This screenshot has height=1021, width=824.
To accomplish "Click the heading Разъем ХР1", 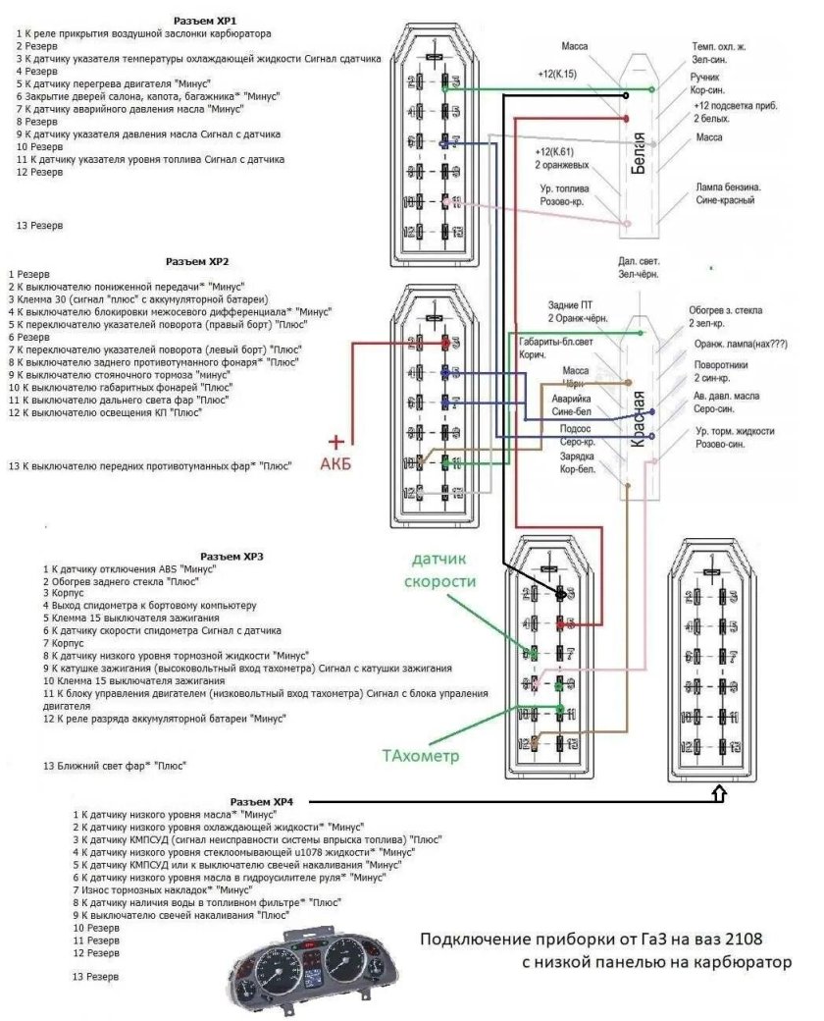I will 204,21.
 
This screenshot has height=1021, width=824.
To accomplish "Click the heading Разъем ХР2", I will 196,262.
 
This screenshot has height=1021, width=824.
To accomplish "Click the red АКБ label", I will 335,463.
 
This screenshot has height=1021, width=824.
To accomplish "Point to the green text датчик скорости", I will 443,570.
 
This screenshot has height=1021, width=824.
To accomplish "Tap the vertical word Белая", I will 640,151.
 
